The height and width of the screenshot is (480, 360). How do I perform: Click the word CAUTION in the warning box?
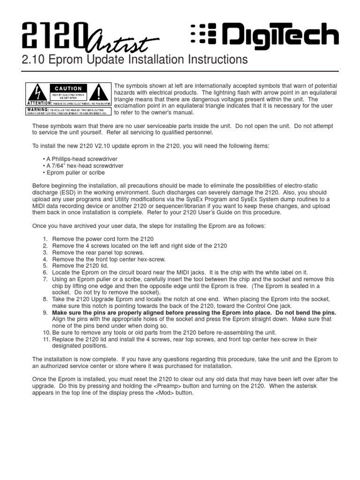(x=68, y=88)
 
